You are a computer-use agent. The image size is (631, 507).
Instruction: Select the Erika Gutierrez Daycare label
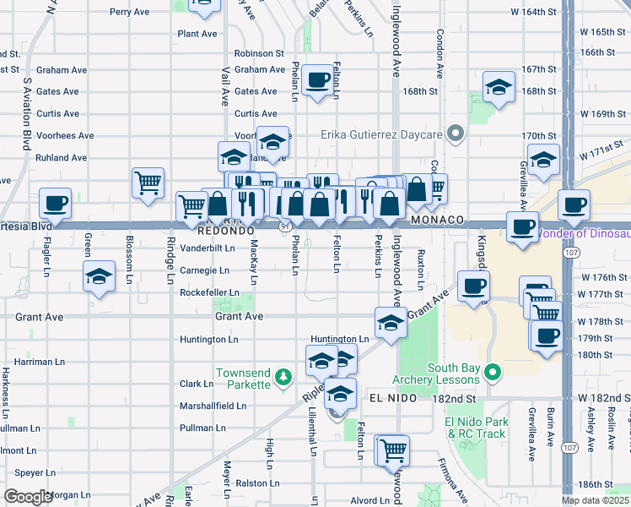(x=381, y=134)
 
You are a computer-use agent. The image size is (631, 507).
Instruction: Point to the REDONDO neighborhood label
(x=226, y=230)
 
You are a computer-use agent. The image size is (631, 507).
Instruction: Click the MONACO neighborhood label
(x=439, y=220)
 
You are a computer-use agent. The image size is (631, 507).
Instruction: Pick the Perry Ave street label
(x=130, y=12)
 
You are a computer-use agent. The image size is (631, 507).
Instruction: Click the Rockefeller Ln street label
(x=209, y=293)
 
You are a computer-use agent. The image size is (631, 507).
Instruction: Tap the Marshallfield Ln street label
(x=213, y=406)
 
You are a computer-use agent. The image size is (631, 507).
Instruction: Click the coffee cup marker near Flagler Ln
(x=57, y=203)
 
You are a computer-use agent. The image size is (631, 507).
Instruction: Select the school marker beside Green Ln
(x=99, y=276)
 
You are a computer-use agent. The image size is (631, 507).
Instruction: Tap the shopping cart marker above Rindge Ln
(x=148, y=181)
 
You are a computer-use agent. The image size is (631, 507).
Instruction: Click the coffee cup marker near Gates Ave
(x=318, y=80)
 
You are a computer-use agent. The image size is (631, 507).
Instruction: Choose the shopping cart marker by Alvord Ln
(x=393, y=449)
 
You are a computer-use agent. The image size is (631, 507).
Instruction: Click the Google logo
(x=27, y=497)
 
